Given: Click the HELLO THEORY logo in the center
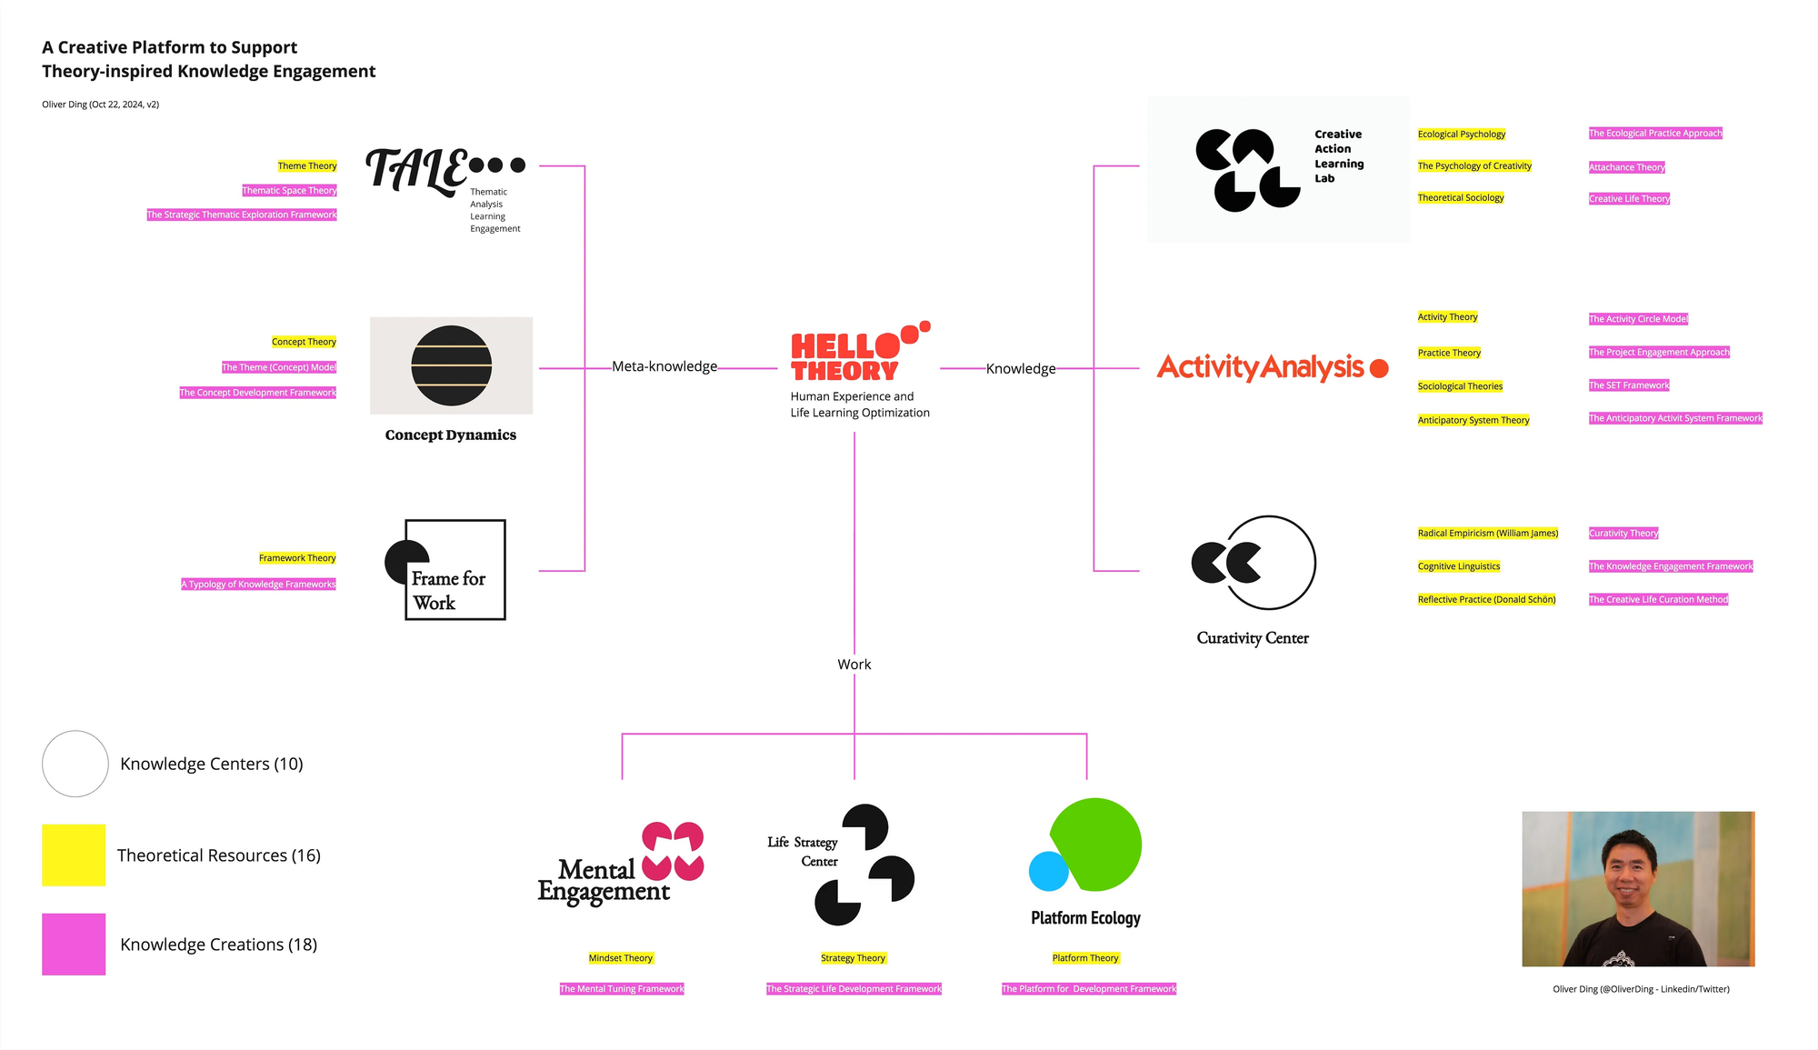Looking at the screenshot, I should coord(845,356).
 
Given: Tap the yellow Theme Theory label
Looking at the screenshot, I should coord(307,166).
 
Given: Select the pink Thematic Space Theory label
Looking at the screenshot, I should coord(289,191).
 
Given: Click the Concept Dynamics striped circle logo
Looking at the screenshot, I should coord(451,365).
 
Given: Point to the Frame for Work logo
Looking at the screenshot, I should coord(446,570).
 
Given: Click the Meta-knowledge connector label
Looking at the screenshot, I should coord(664,366).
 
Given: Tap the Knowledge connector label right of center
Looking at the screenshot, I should coord(1021,368).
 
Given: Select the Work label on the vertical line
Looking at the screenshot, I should coord(854,665).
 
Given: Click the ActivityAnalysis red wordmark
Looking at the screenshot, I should coord(1260,367).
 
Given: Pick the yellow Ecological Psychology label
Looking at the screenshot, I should coord(1461,135).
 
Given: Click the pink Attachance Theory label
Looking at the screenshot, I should coord(1626,167).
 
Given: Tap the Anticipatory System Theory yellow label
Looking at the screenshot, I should coord(1473,420).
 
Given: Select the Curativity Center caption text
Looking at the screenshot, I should coord(1253,638).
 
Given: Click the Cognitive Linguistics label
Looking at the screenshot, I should coord(1458,566).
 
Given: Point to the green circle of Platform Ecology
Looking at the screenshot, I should coord(1096,844).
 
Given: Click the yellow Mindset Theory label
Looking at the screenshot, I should coord(621,958).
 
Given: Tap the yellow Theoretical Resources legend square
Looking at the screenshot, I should coord(74,855).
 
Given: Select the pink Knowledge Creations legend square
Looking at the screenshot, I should coord(74,945).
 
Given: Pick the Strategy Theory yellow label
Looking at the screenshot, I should coord(853,958).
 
